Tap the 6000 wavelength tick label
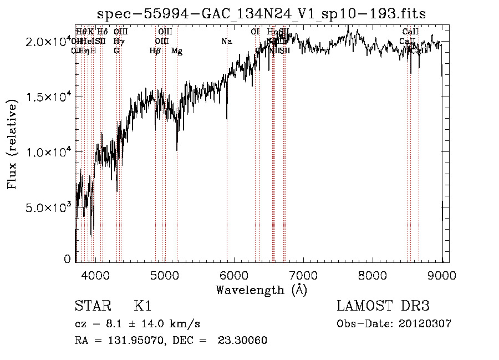pyautogui.click(x=234, y=274)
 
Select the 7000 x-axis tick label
pyautogui.click(x=303, y=274)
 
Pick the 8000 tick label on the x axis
pyautogui.click(x=373, y=274)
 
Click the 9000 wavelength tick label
pyautogui.click(x=442, y=274)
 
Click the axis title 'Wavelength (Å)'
pyautogui.click(x=261, y=290)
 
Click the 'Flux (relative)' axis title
pyautogui.click(x=12, y=145)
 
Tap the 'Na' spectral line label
pyautogui.click(x=226, y=41)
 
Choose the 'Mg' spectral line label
pyautogui.click(x=177, y=51)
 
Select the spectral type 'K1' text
pyautogui.click(x=142, y=306)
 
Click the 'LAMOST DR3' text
pyautogui.click(x=383, y=306)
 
